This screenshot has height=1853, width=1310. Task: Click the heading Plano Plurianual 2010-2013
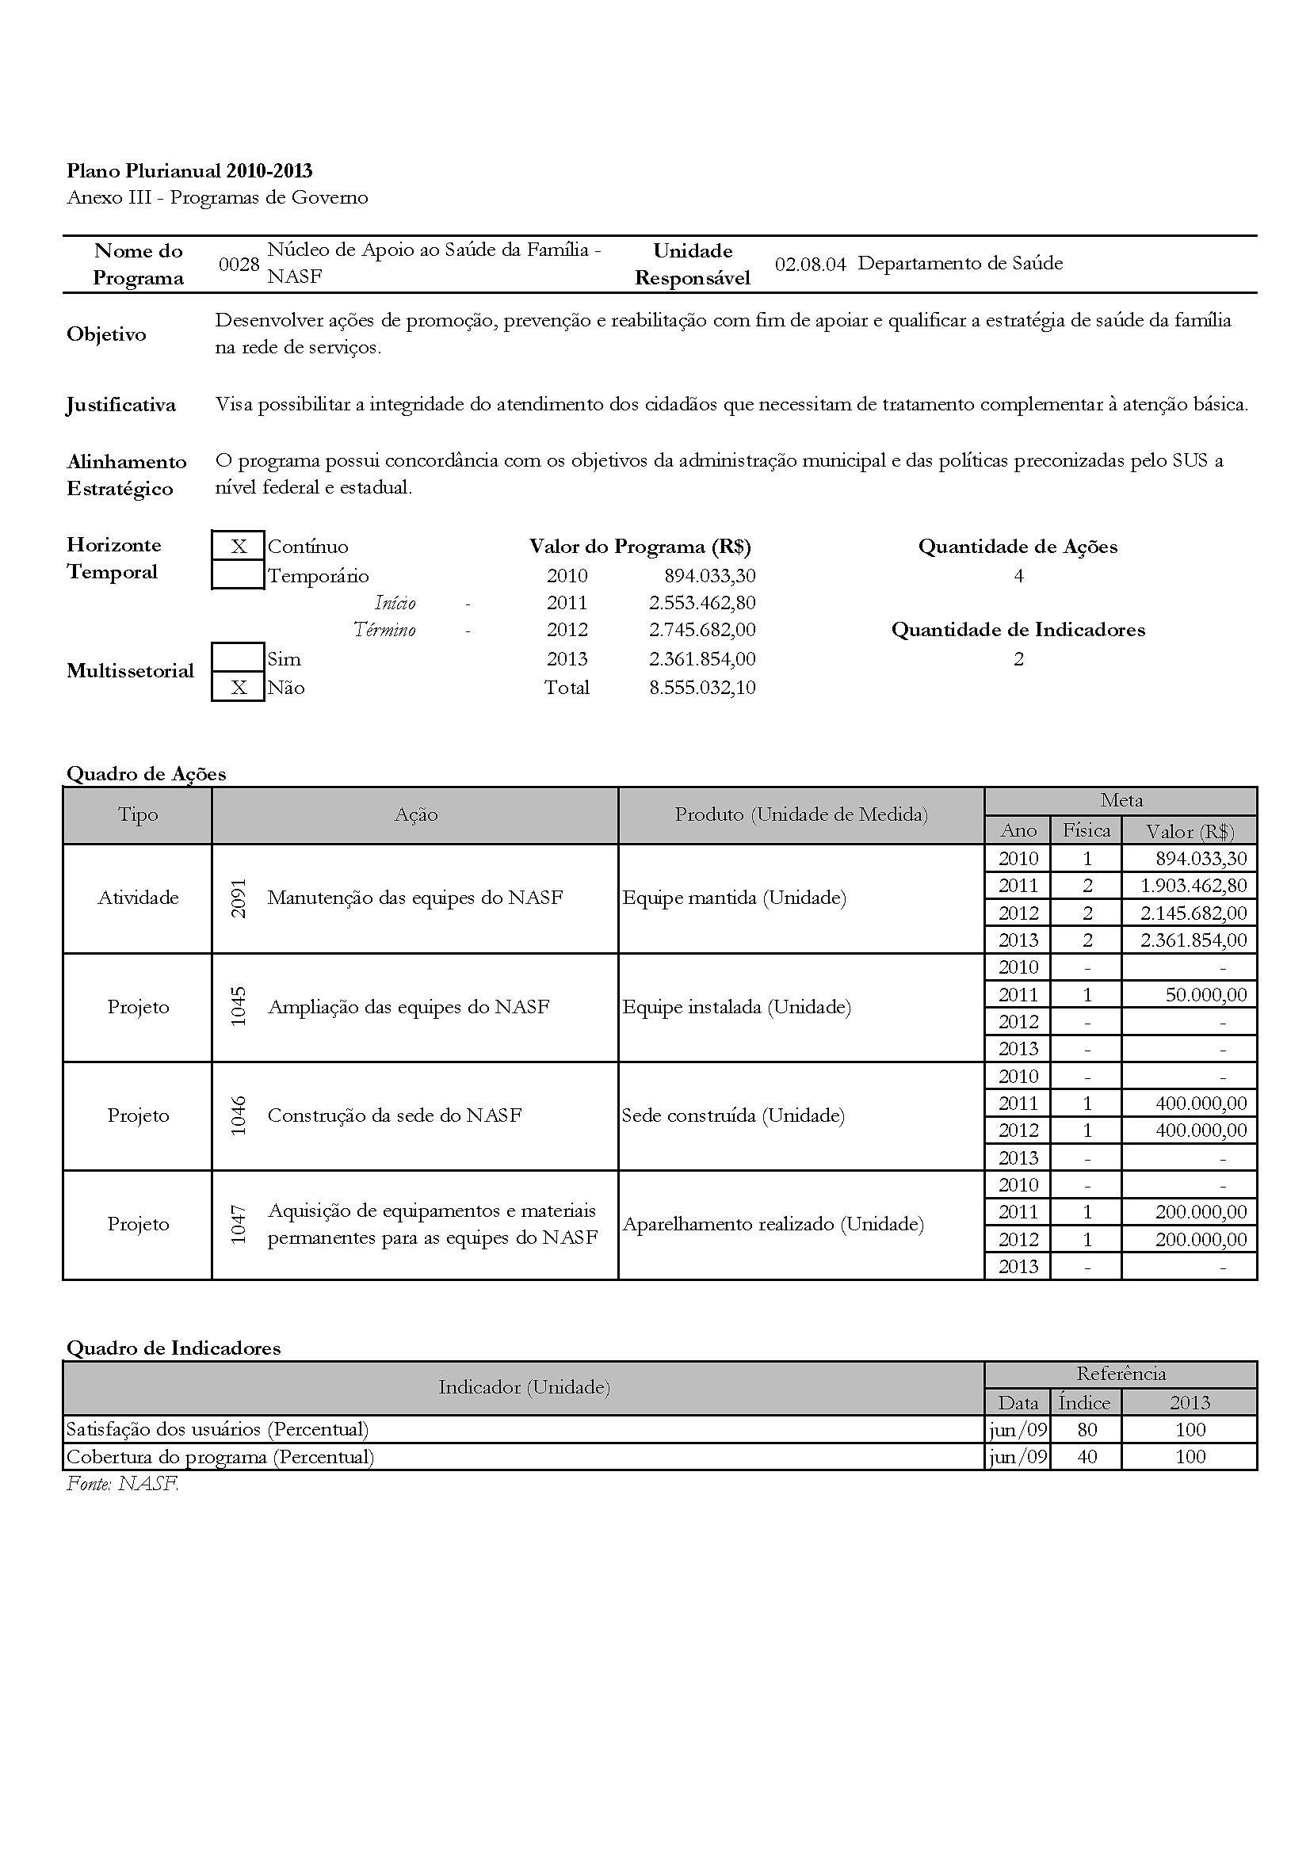tap(189, 170)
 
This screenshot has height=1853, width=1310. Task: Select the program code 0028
tap(239, 264)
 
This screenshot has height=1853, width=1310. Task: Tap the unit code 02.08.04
tap(810, 264)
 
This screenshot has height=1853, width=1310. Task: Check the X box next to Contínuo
tap(238, 547)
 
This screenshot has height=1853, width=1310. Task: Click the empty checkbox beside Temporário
tap(238, 575)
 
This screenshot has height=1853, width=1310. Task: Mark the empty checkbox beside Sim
tap(238, 658)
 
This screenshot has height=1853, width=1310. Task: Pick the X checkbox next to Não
tap(238, 688)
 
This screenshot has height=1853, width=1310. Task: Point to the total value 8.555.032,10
tap(702, 688)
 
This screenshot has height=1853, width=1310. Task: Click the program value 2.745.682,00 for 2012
tap(702, 630)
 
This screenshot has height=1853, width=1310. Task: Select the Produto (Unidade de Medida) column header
tap(800, 814)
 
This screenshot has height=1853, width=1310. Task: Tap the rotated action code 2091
tap(238, 898)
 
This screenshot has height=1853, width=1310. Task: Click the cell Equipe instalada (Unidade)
tap(736, 1007)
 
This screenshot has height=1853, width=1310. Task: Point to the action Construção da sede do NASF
tap(394, 1115)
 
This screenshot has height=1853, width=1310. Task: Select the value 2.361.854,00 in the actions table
tap(1193, 940)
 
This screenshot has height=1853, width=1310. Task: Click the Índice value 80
tap(1087, 1429)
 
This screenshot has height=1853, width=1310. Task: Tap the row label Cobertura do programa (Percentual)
tap(220, 1457)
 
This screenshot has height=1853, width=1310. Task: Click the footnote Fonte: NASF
tap(122, 1483)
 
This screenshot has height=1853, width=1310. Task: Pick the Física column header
tap(1086, 829)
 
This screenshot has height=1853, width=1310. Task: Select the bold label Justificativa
tap(121, 404)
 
